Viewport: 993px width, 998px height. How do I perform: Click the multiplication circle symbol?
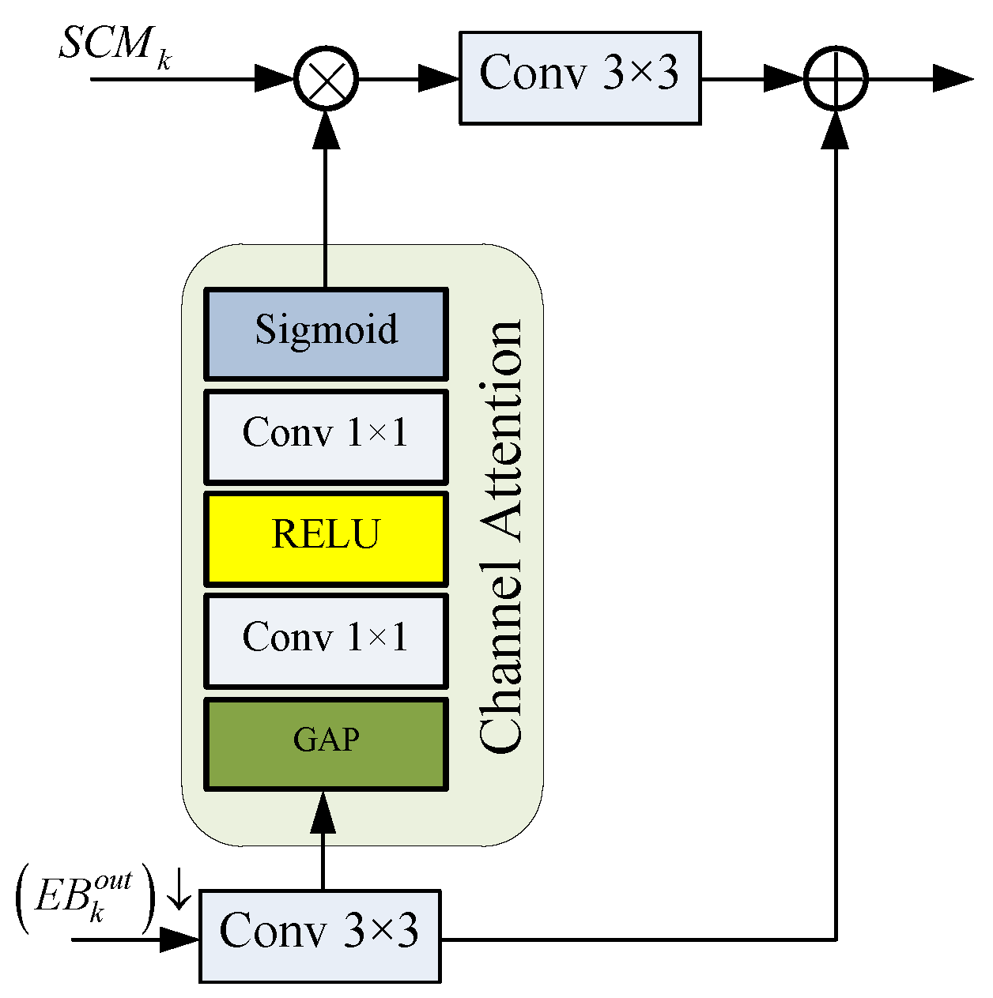pos(326,79)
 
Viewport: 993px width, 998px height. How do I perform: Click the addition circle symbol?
pos(836,79)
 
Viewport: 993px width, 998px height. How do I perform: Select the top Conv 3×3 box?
pos(580,77)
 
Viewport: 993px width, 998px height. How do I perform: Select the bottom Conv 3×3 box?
pos(319,936)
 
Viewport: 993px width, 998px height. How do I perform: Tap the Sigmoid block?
pos(326,333)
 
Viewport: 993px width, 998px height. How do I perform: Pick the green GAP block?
pos(326,743)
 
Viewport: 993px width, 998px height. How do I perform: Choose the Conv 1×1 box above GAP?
pos(326,640)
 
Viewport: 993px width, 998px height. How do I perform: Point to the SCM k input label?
pos(115,46)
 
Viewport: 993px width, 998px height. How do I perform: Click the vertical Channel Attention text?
pos(501,537)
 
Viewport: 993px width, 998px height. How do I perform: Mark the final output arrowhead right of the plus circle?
pos(952,79)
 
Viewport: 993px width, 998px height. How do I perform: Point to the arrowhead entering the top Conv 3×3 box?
pos(439,79)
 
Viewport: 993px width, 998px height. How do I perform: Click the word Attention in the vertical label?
pos(501,431)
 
